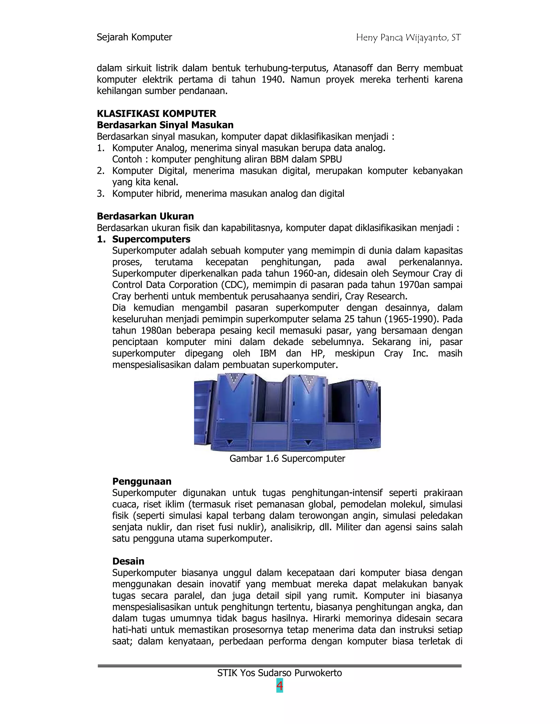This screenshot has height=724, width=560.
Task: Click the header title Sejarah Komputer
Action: pyautogui.click(x=134, y=37)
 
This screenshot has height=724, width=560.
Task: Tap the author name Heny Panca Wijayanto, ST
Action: pyautogui.click(x=409, y=38)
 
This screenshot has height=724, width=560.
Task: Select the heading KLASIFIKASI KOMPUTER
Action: pyautogui.click(x=156, y=114)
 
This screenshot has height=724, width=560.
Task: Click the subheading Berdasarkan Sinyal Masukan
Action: pyautogui.click(x=165, y=125)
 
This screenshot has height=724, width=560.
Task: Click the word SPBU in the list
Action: pyautogui.click(x=331, y=160)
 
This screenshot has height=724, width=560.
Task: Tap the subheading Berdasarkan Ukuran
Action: pyautogui.click(x=145, y=216)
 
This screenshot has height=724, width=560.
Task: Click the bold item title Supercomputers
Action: pyautogui.click(x=151, y=239)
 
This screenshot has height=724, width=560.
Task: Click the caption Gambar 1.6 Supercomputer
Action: pyautogui.click(x=287, y=458)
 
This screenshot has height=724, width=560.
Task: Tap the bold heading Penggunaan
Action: pyautogui.click(x=142, y=481)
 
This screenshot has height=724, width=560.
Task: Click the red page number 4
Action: pyautogui.click(x=280, y=686)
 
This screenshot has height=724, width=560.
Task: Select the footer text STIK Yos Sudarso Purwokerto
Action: pyautogui.click(x=279, y=673)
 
